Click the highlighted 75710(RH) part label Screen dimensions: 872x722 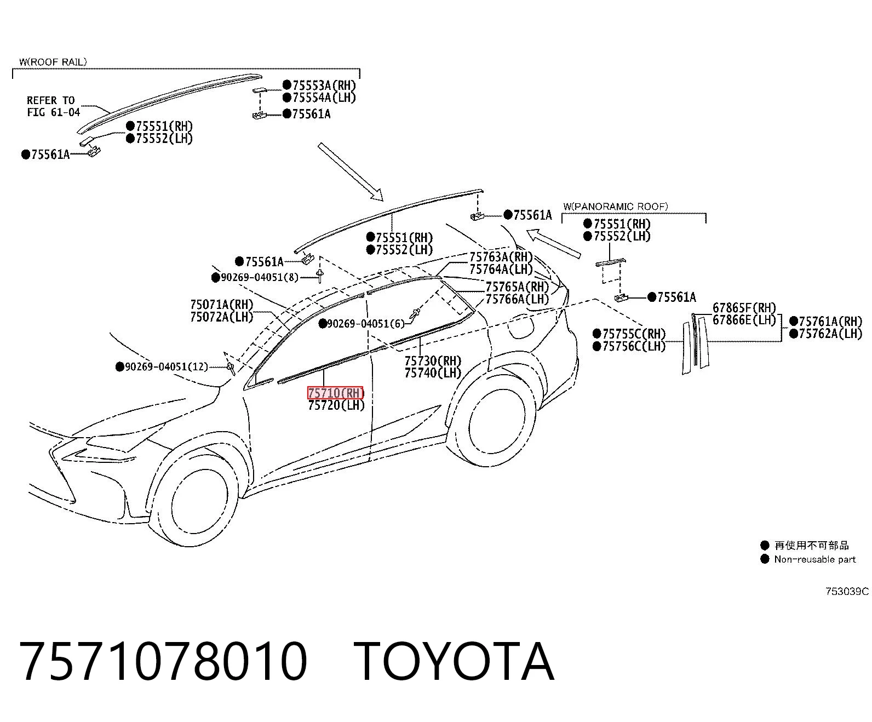tap(336, 393)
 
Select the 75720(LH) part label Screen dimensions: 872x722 tap(336, 405)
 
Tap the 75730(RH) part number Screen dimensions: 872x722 tap(433, 360)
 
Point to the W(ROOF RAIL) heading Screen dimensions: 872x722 tap(53, 62)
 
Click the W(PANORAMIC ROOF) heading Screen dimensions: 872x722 tap(616, 207)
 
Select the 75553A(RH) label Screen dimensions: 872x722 tap(324, 85)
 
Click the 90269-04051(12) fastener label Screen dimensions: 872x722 tap(166, 366)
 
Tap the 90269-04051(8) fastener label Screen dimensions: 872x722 tap(259, 277)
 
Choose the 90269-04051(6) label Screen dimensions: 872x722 tap(366, 323)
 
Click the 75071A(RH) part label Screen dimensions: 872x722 tap(222, 304)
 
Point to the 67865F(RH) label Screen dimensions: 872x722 tap(744, 308)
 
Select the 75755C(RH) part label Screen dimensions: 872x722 tap(634, 334)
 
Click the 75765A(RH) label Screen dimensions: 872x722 tap(517, 286)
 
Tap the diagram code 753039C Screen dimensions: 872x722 tap(847, 591)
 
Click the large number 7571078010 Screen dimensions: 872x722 tap(163, 661)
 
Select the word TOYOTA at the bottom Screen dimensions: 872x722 tap(454, 661)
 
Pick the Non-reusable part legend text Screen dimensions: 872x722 tap(815, 559)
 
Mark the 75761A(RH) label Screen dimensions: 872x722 tap(830, 322)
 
